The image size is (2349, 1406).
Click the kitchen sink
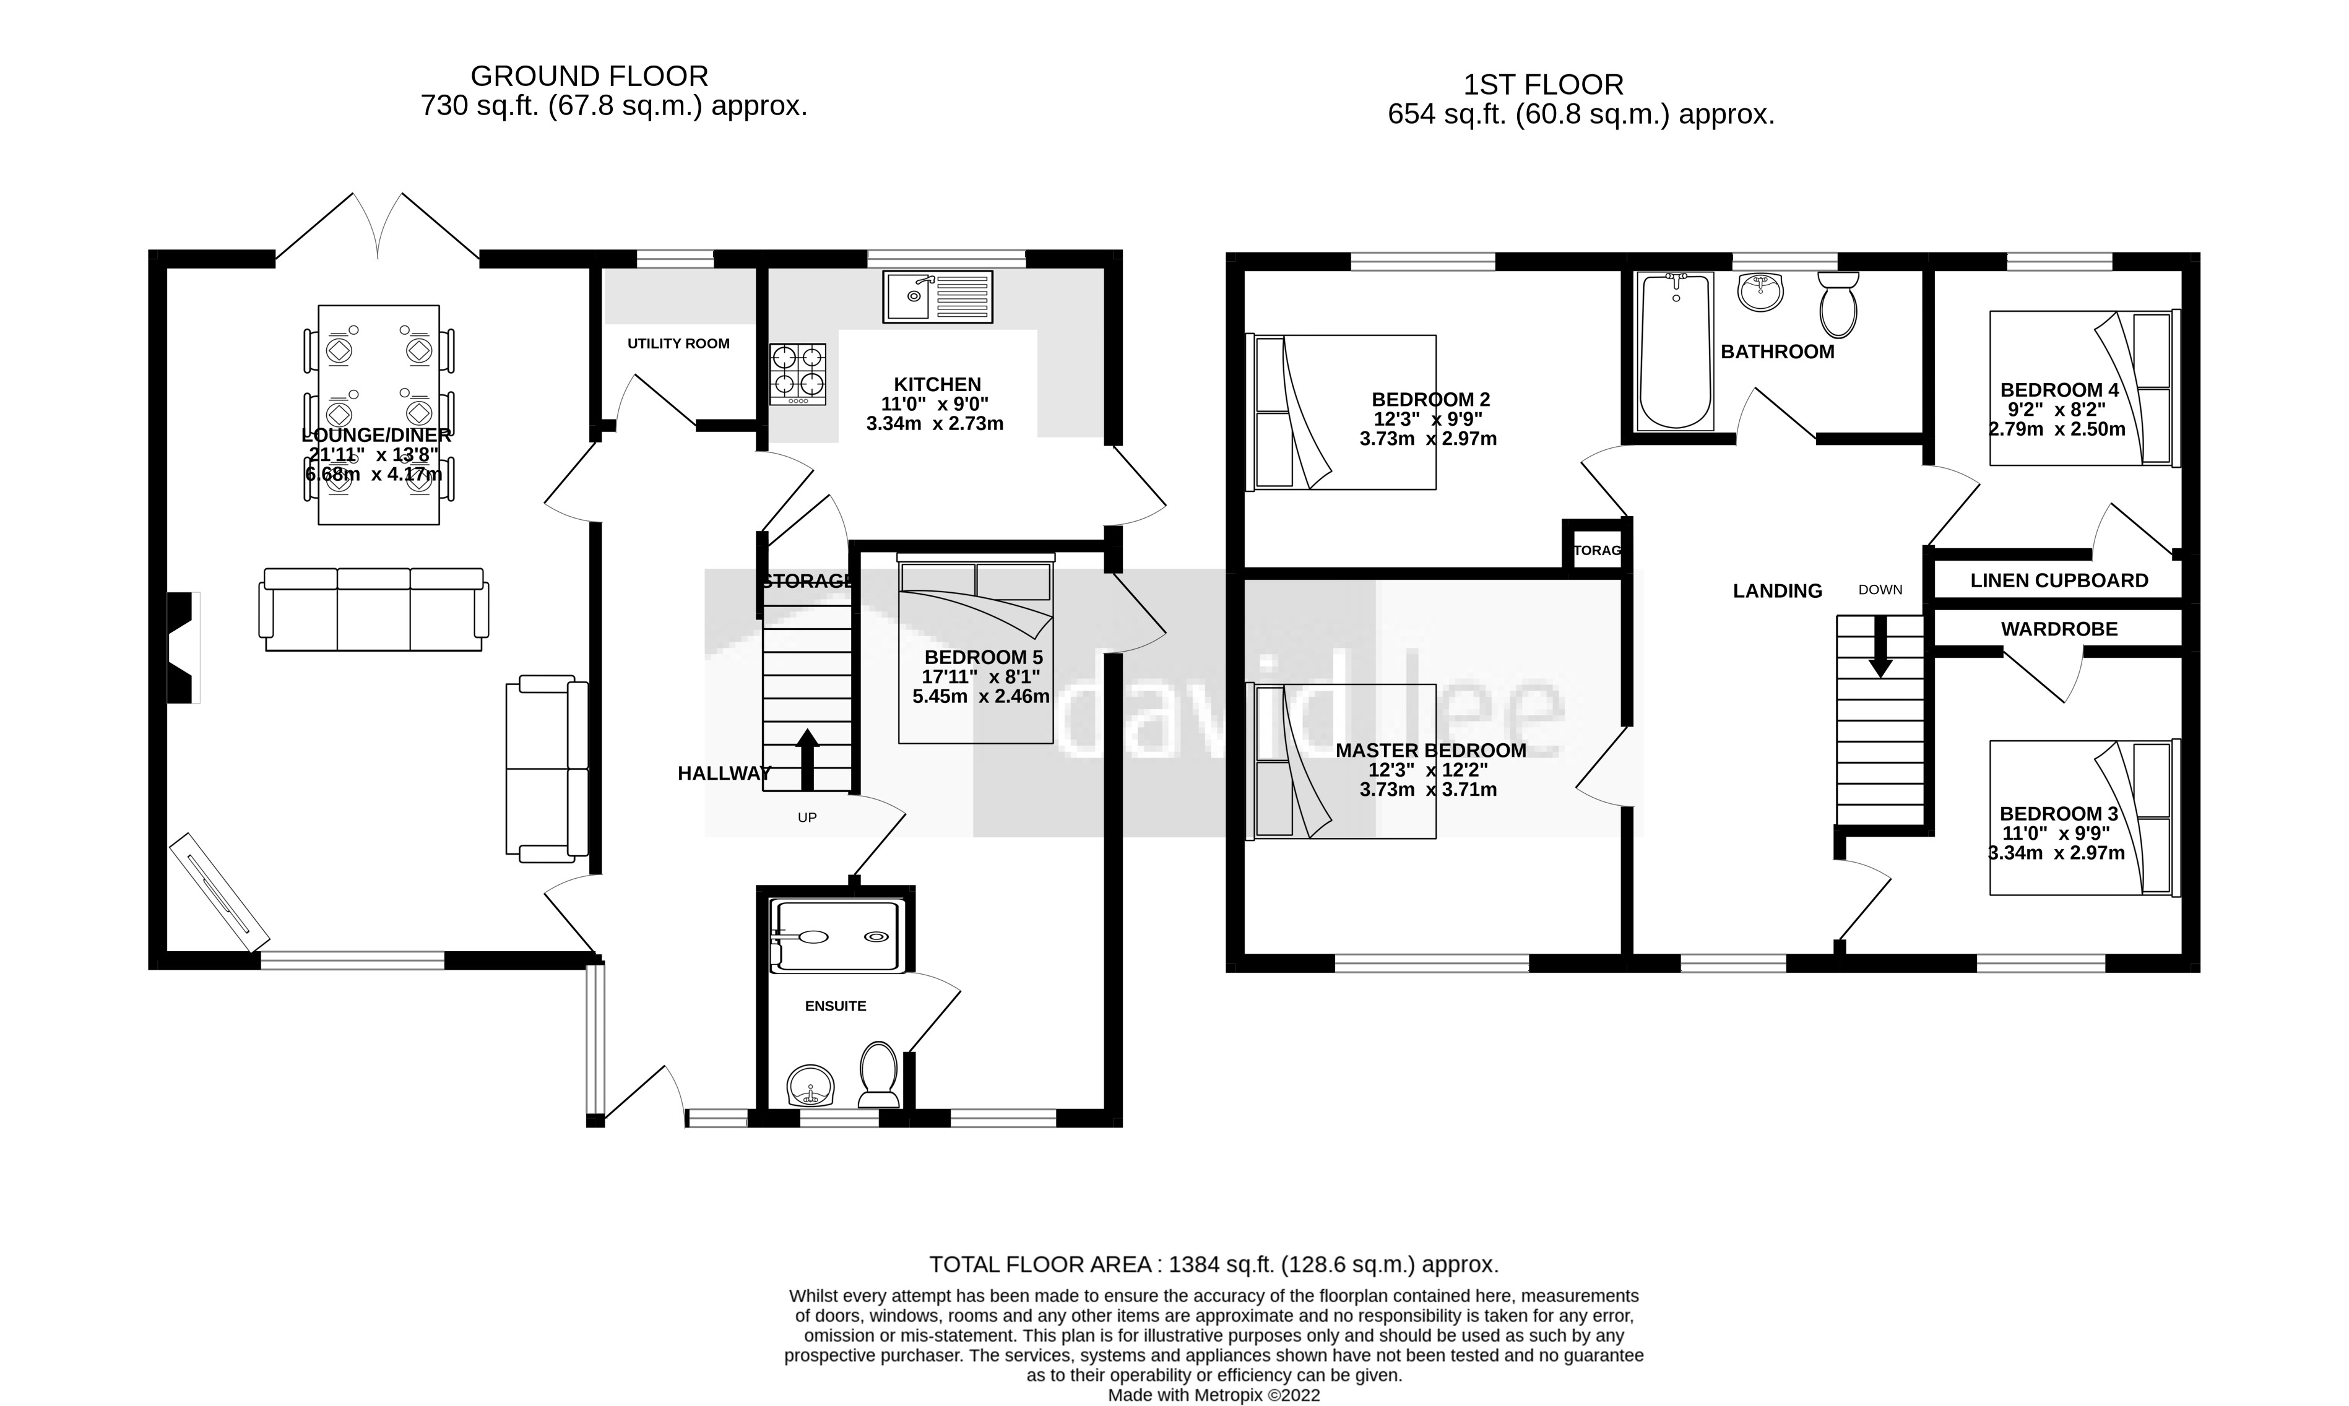pyautogui.click(x=938, y=296)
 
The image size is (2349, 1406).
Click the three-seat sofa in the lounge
pyautogui.click(x=374, y=609)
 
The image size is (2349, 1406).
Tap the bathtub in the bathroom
pyautogui.click(x=1676, y=350)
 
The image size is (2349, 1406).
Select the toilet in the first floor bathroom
pyautogui.click(x=1838, y=305)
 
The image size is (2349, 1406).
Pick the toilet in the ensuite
pyautogui.click(x=878, y=1076)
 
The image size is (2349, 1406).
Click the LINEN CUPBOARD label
pyautogui.click(x=2059, y=581)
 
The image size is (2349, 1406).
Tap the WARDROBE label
pyautogui.click(x=2059, y=629)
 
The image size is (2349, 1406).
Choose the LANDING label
pyautogui.click(x=1778, y=591)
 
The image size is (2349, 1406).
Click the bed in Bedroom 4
pyautogui.click(x=2085, y=389)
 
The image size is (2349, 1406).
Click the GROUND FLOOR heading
pyautogui.click(x=589, y=75)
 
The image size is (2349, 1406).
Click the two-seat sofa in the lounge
pyautogui.click(x=547, y=769)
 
